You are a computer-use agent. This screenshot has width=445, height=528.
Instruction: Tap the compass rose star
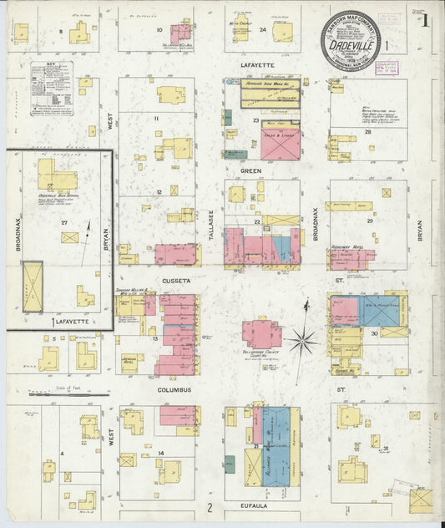pos(303,339)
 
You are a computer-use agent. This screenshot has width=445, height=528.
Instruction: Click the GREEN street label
pos(251,170)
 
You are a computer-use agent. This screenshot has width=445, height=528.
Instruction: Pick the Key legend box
pos(52,88)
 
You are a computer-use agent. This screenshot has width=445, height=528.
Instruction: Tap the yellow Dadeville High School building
pos(56,175)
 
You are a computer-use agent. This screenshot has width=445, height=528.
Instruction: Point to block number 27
pos(64,222)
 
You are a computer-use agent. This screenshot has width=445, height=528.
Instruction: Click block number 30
pos(375,333)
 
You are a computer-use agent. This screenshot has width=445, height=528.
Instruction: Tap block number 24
pos(262,29)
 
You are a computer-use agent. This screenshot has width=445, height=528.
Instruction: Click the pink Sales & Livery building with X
pos(280,140)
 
